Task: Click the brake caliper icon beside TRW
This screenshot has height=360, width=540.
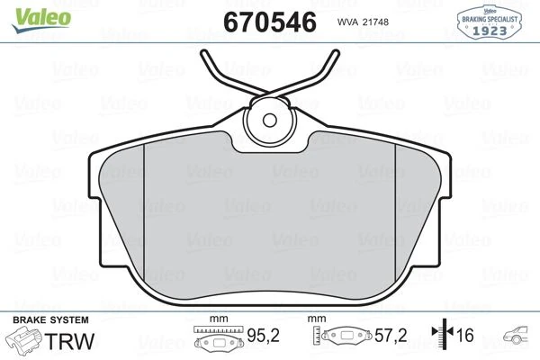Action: tap(26, 342)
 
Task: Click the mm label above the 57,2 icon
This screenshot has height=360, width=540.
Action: tap(316, 319)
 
